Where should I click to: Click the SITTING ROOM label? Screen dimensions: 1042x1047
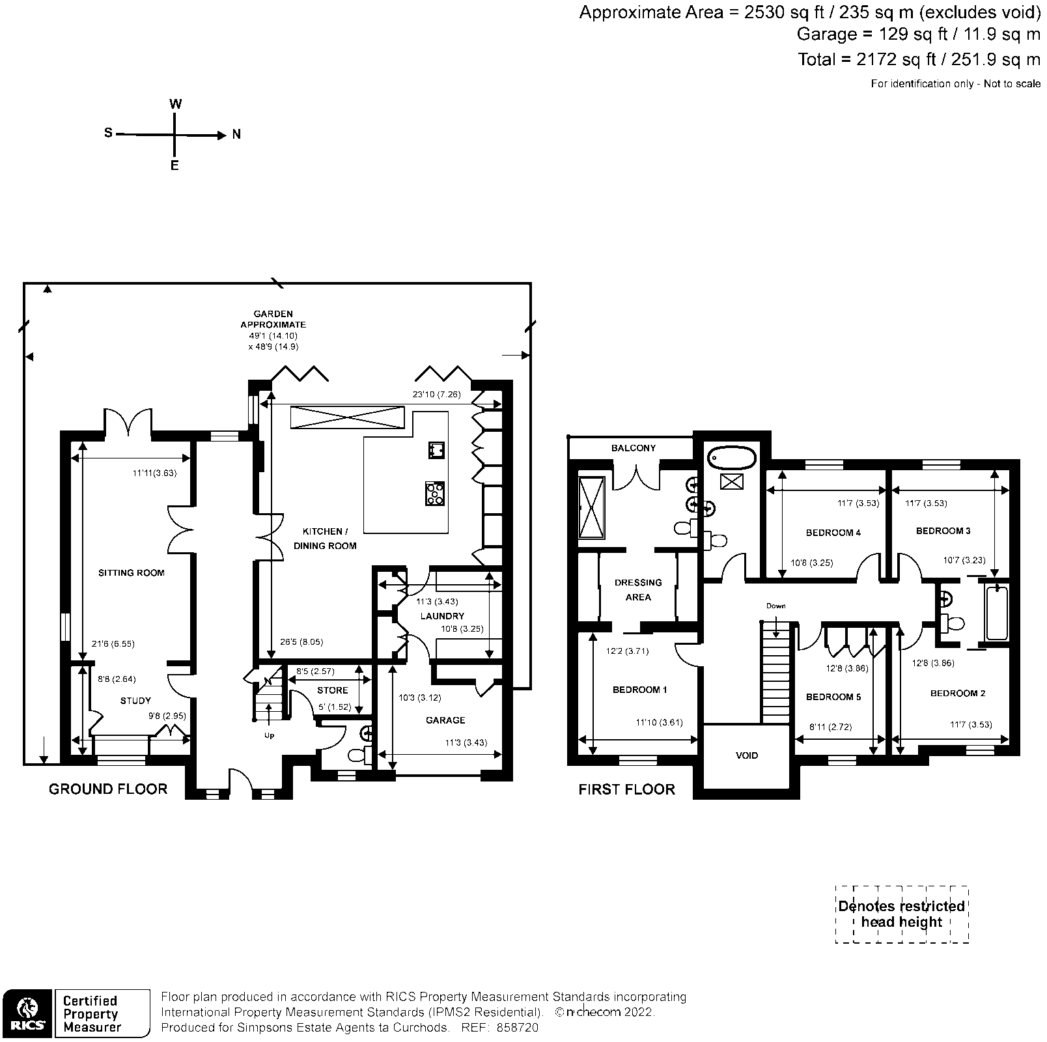131,573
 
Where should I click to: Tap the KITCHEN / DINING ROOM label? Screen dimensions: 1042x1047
325,539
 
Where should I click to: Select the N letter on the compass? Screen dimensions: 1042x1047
237,135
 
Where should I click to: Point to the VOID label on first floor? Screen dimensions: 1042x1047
747,756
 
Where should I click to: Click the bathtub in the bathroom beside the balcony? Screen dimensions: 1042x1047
732,458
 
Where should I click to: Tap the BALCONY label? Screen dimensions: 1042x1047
633,448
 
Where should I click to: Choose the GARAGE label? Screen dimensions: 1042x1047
445,720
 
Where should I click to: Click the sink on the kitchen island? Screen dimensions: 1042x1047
436,450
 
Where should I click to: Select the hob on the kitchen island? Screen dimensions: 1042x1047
435,493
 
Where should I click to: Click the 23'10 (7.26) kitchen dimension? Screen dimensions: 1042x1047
436,395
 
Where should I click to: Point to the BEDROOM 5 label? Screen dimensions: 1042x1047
833,697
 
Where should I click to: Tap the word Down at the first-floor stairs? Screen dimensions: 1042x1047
775,606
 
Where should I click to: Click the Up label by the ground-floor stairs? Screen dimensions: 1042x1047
269,736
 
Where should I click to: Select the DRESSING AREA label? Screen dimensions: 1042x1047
637,590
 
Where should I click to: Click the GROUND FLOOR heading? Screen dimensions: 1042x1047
108,789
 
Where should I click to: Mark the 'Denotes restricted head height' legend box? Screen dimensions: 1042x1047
901,914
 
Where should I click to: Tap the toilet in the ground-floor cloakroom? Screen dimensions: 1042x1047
359,755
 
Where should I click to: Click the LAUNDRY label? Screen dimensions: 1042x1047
442,616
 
